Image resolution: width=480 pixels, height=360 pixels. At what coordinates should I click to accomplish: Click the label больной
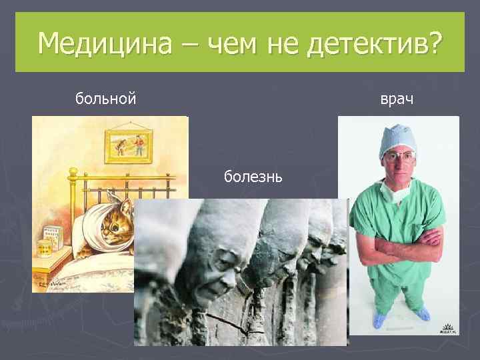(106, 99)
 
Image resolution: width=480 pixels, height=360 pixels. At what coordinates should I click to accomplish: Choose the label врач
(397, 99)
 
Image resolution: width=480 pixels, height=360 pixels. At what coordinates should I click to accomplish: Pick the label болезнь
(253, 177)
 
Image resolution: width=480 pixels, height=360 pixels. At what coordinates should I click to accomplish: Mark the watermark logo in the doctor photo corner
(446, 326)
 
